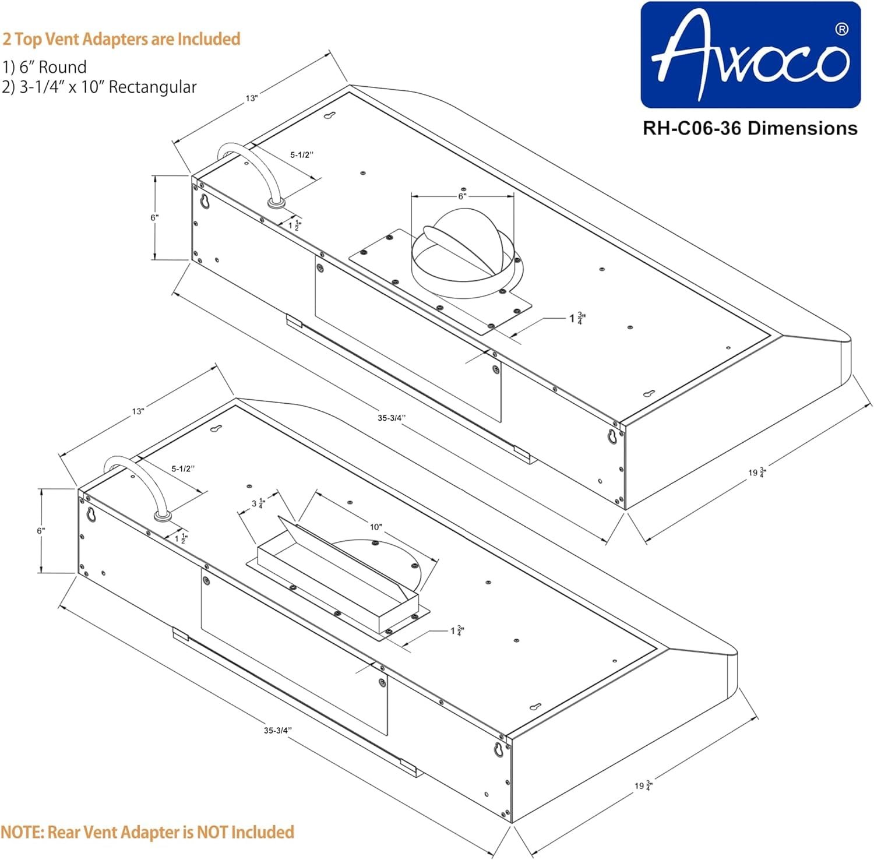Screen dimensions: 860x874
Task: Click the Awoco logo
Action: click(750, 55)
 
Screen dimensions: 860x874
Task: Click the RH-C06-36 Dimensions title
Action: click(750, 128)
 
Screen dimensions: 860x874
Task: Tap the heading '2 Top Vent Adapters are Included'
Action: click(121, 39)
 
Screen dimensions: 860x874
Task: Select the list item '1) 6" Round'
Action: click(44, 66)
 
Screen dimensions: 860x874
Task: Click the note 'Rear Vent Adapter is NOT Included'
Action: click(147, 831)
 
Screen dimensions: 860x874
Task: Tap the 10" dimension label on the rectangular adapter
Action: click(376, 527)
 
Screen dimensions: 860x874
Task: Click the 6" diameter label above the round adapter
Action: click(462, 196)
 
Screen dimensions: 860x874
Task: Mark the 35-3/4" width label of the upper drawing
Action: click(391, 418)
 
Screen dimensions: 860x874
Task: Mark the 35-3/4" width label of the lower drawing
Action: click(277, 730)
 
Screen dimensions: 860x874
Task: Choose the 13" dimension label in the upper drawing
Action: click(251, 98)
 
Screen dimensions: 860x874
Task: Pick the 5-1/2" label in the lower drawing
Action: click(183, 468)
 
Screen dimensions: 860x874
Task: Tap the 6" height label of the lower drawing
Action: click(41, 531)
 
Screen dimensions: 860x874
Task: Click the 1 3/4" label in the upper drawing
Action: click(577, 318)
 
